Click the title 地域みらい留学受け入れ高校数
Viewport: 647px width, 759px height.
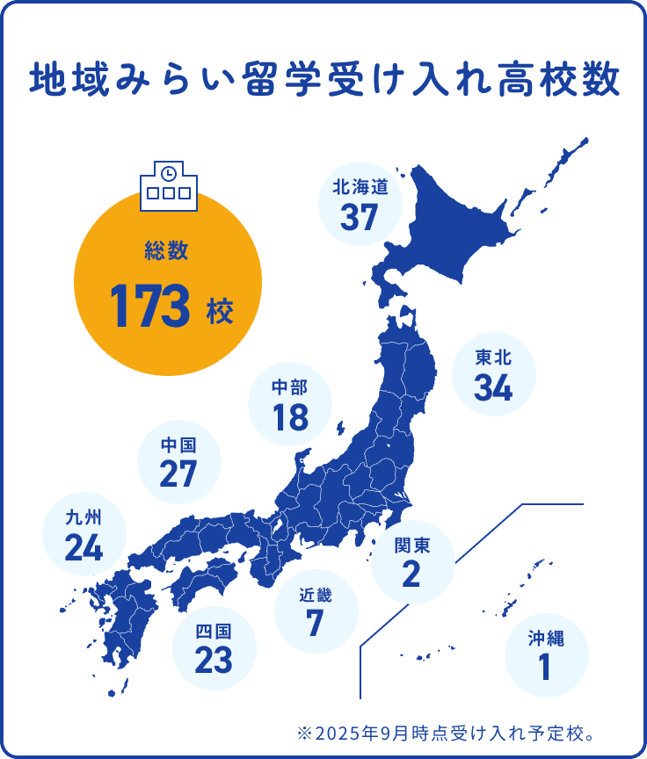[323, 81]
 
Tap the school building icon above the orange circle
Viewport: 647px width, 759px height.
[168, 186]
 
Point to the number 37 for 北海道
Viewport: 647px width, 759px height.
[359, 216]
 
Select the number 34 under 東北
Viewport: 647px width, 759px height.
[493, 387]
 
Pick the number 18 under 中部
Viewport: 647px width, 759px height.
[290, 418]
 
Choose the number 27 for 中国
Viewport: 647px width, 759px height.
[178, 474]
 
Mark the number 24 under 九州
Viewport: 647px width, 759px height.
[84, 547]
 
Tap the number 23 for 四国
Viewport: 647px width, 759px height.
[214, 660]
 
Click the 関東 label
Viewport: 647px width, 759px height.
[412, 546]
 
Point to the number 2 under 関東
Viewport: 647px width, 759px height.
[411, 575]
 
